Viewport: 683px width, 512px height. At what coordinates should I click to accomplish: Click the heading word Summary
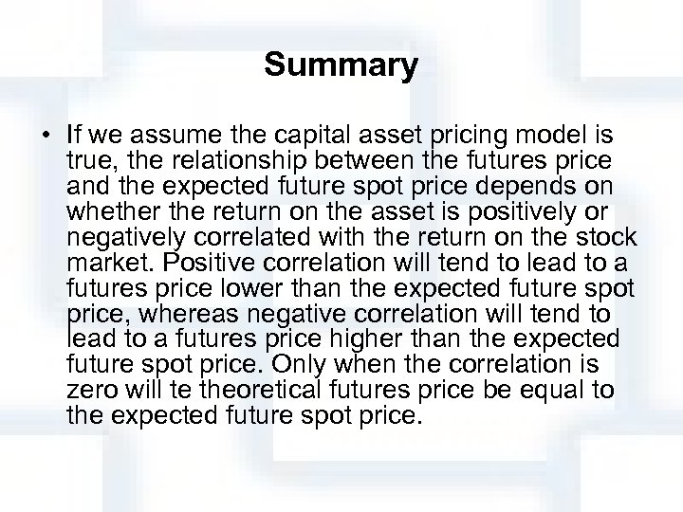coord(341,65)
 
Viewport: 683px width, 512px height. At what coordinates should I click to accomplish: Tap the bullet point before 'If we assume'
coord(47,131)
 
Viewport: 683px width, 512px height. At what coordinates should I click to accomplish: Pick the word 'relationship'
coord(216,156)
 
